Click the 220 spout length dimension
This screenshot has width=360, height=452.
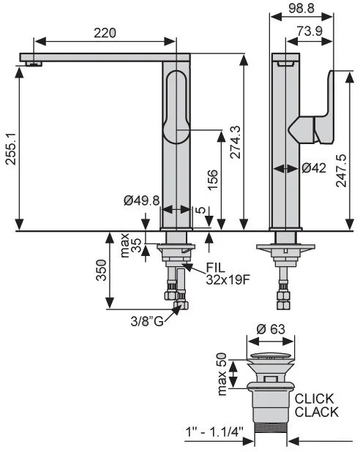105,33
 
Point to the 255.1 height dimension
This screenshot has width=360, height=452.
11,148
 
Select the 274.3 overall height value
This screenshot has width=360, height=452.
236,142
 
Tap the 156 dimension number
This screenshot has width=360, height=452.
212,180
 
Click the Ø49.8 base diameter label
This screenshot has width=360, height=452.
142,200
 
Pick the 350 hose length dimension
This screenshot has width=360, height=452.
102,270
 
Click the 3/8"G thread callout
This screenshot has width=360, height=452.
147,321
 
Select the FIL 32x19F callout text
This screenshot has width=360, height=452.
228,274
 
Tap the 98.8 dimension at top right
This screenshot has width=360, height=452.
301,8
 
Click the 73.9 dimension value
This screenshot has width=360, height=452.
310,31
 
